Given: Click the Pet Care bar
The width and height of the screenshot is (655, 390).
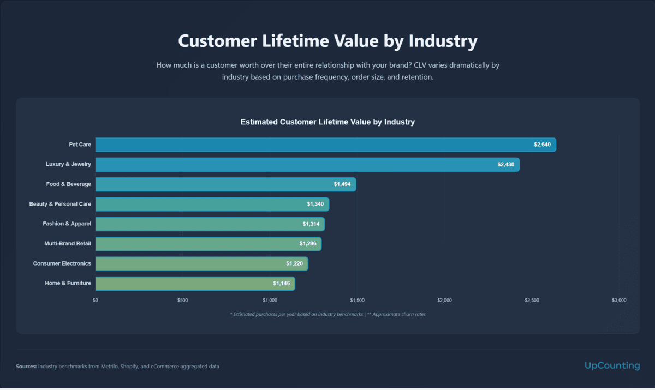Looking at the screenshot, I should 325,145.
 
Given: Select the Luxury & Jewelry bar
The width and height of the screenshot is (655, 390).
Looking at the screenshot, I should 307,165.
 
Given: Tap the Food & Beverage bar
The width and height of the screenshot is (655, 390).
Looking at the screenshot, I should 225,184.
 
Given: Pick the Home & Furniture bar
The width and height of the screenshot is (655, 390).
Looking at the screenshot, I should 195,284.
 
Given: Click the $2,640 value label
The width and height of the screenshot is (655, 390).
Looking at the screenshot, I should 543,145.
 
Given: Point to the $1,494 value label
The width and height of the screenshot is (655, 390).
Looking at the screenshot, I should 343,184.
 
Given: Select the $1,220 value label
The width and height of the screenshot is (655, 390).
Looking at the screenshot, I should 294,264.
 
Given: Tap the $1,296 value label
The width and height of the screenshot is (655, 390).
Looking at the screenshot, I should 308,244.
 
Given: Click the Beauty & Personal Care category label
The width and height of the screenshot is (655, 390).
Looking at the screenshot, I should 60,204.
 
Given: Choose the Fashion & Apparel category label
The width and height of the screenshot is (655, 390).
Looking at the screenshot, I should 67,224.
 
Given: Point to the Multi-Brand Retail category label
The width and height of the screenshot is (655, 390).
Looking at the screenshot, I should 68,243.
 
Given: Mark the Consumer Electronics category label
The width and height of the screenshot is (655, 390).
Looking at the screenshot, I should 62,263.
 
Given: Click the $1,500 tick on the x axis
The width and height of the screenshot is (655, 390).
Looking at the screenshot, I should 357,301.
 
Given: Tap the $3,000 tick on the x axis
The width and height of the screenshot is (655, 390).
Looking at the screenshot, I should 619,301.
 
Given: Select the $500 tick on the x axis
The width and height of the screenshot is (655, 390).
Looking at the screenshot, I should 182,301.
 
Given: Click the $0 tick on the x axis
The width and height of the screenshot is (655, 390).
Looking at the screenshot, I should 96,301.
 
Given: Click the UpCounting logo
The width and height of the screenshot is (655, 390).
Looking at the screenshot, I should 611,365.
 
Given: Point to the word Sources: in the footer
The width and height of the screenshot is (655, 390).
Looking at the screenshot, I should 26,367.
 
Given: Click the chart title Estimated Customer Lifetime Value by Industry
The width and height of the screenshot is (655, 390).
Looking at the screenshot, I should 327,122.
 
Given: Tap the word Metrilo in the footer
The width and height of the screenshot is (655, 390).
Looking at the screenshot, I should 111,367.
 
